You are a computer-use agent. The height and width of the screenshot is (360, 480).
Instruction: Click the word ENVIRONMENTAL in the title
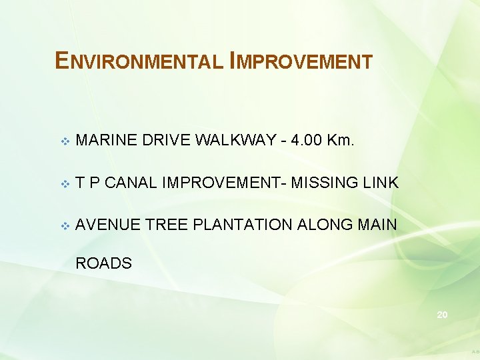point(139,61)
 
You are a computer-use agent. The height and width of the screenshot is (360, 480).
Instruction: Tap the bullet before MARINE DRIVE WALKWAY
point(64,141)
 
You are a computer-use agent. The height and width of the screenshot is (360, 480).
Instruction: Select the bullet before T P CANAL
point(64,183)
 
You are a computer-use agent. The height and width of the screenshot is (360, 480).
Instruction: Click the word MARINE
point(105,141)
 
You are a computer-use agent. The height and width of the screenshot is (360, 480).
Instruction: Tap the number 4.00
point(307,141)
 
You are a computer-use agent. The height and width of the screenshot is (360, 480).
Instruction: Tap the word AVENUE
point(107,225)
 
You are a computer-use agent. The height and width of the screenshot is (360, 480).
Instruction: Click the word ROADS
point(103,263)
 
